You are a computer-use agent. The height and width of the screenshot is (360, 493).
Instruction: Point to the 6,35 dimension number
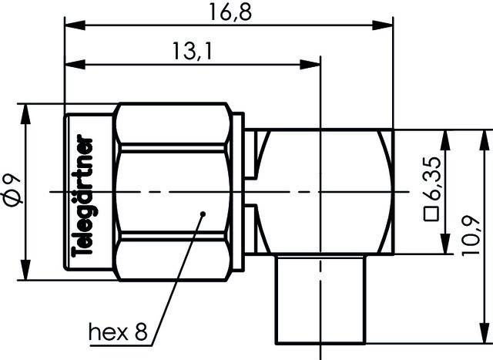(433, 179)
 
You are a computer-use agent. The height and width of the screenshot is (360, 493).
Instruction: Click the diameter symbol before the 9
(11, 203)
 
